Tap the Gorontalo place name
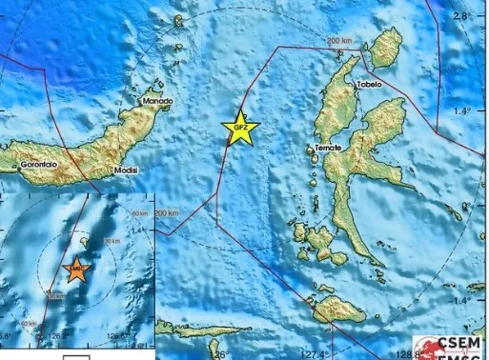point(39,165)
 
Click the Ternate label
point(327,150)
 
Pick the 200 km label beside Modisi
point(165,212)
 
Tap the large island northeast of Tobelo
point(385,47)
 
